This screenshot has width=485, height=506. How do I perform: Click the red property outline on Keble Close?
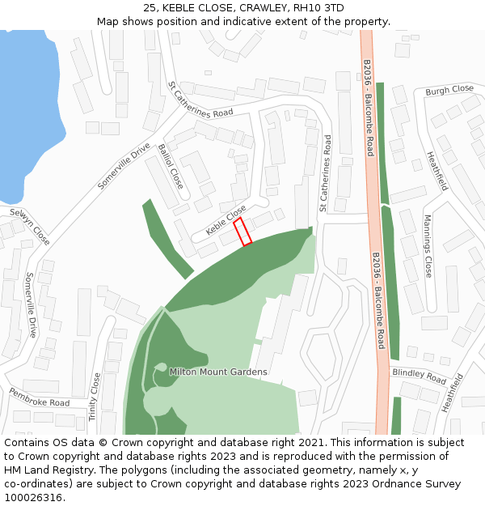pyautogui.click(x=242, y=232)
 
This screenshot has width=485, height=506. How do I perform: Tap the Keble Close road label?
pyautogui.click(x=226, y=220)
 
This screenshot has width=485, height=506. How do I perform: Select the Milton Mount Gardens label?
pyautogui.click(x=217, y=372)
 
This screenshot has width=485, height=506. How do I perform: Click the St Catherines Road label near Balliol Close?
pyautogui.click(x=200, y=101)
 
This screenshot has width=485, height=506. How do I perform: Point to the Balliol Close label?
pyautogui.click(x=171, y=166)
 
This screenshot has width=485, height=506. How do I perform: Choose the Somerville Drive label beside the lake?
pyautogui.click(x=124, y=166)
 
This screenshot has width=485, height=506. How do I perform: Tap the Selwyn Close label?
pyautogui.click(x=30, y=227)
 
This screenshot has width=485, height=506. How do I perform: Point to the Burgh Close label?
pyautogui.click(x=449, y=90)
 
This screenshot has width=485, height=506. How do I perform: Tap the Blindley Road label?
pyautogui.click(x=419, y=376)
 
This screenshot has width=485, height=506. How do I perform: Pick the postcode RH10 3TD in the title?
pyautogui.click(x=320, y=8)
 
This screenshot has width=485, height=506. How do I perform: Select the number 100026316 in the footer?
pyautogui.click(x=33, y=498)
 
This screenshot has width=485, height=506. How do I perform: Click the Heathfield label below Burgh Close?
pyautogui.click(x=436, y=170)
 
